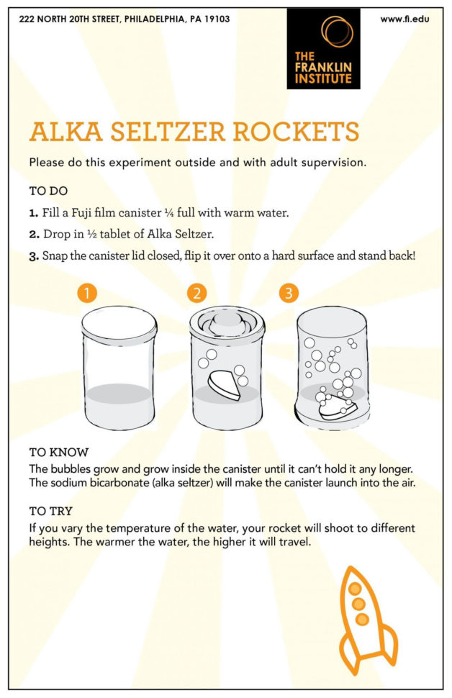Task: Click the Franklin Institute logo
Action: [323, 48]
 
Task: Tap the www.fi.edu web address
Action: [404, 19]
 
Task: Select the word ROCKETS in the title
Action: [296, 132]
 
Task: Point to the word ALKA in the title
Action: [66, 132]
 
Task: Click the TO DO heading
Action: [48, 191]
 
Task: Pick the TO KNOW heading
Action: [59, 453]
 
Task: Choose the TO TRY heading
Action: [51, 511]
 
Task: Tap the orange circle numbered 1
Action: [87, 293]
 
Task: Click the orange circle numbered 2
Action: [196, 293]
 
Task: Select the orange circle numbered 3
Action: [289, 293]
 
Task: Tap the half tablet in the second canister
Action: [225, 385]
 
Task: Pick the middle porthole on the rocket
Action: [358, 604]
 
